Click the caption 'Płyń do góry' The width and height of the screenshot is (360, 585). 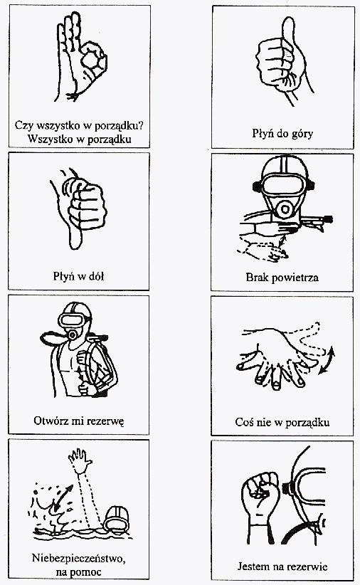[x=282, y=133]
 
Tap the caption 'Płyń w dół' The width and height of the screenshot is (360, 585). [x=78, y=276]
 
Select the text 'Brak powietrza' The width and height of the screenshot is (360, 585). [x=282, y=278]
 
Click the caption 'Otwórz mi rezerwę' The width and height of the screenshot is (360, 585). [x=79, y=421]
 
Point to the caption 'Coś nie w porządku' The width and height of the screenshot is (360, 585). [x=282, y=422]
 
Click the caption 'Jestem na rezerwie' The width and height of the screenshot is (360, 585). [x=282, y=566]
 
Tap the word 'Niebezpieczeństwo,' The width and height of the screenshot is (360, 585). [x=79, y=559]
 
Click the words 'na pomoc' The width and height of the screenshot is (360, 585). [x=79, y=572]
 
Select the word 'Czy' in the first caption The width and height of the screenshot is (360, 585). [x=22, y=125]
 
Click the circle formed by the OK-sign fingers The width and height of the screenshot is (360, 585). [x=90, y=59]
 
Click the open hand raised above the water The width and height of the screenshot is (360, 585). [x=80, y=460]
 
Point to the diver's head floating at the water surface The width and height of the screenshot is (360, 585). [x=117, y=519]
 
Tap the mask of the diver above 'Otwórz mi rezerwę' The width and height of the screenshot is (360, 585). [x=74, y=320]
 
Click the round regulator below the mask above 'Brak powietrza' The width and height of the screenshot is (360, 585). [x=285, y=209]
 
